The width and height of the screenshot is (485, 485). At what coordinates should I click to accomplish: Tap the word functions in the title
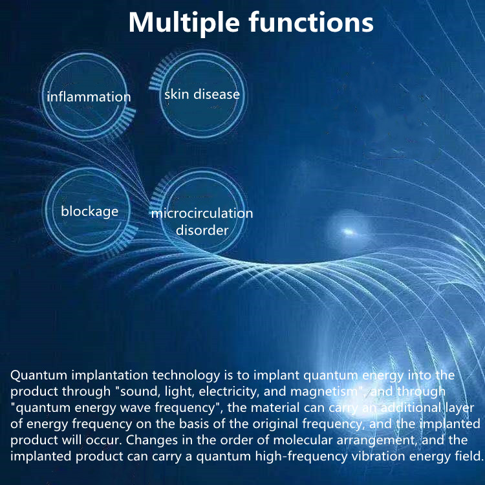point(311,23)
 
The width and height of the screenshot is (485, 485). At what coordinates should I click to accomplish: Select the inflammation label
point(89,97)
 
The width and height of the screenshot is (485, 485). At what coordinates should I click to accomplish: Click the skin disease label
point(202,94)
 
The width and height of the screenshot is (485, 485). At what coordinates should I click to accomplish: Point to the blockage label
point(90,211)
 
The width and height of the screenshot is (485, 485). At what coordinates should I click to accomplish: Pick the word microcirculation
point(202,213)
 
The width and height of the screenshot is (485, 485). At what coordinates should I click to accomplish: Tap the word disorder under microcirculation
point(202,230)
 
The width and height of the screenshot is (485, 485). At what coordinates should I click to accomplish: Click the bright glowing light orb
point(348,231)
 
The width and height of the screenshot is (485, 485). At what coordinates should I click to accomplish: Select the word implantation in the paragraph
point(105,375)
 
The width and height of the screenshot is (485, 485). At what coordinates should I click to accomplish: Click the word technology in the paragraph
point(182,375)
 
